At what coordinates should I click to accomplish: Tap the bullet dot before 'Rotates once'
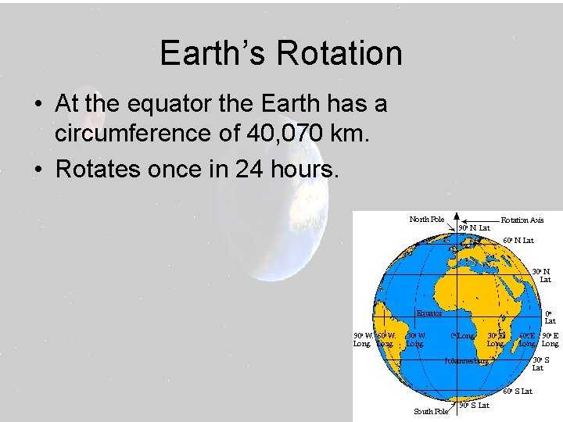click(37, 169)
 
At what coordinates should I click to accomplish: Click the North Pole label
click(426, 219)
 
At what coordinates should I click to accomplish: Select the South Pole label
click(430, 411)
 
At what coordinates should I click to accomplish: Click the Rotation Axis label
click(522, 220)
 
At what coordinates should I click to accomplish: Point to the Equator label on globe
click(429, 313)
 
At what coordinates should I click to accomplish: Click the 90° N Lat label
click(474, 228)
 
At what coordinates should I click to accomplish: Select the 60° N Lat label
click(518, 241)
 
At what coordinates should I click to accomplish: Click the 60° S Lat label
click(518, 391)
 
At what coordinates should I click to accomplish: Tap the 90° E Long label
click(550, 340)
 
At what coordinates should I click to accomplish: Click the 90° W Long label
click(362, 340)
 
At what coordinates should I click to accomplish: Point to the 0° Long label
click(462, 336)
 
